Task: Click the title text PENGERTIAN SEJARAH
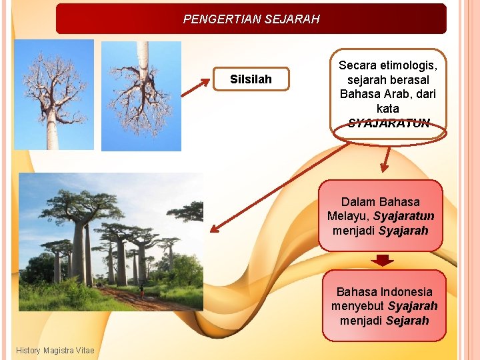point(251,19)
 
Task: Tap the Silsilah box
point(251,79)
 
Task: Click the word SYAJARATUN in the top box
point(389,123)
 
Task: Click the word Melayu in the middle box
point(347,216)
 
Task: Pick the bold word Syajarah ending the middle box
point(403,231)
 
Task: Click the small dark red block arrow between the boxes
point(381,259)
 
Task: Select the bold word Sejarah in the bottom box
point(407,321)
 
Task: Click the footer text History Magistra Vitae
point(55,351)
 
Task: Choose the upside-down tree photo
point(141,96)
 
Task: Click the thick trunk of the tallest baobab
point(81,253)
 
